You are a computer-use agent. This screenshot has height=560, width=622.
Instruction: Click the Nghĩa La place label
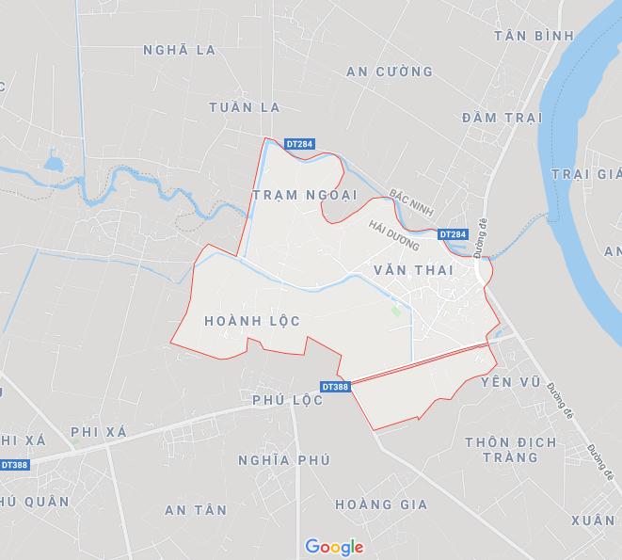(x=179, y=49)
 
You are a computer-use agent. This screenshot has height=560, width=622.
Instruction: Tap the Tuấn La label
(x=246, y=106)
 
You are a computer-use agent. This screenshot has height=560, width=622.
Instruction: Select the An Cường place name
(x=389, y=72)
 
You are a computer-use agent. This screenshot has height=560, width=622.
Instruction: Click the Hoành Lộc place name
(x=252, y=321)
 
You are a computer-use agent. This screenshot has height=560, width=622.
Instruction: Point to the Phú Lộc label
(x=287, y=400)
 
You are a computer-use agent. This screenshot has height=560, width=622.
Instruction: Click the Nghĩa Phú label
(x=284, y=460)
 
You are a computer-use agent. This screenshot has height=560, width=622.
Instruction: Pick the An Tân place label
(x=195, y=510)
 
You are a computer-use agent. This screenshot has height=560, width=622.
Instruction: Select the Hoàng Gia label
(x=380, y=504)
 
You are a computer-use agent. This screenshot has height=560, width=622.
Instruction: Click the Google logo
(x=334, y=547)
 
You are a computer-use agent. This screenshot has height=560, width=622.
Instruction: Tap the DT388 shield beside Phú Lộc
(x=335, y=387)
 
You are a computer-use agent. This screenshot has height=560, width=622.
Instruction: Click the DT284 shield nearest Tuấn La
(x=298, y=144)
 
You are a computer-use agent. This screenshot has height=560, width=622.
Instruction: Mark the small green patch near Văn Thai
(x=395, y=311)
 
